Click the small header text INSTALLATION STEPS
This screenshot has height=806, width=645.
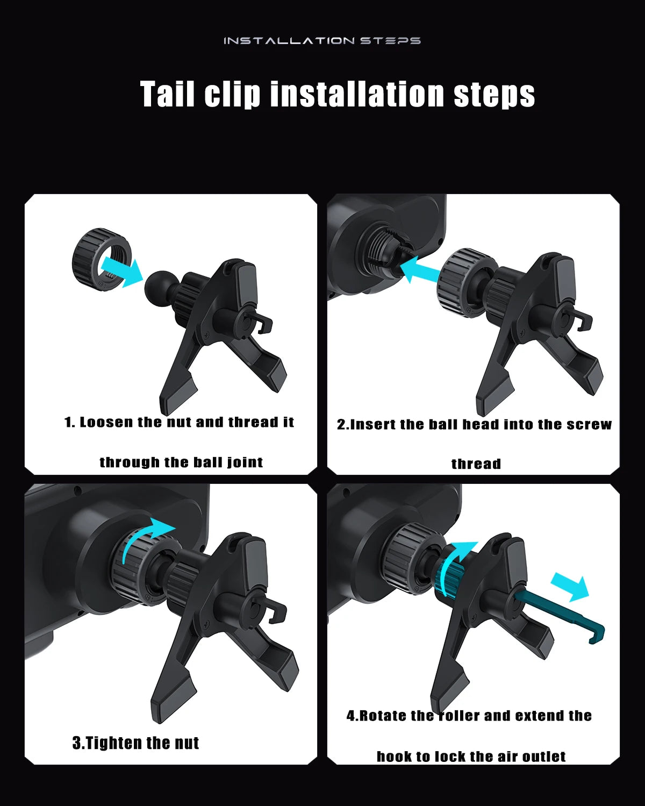pyautogui.click(x=322, y=40)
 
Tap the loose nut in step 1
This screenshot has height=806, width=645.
pyautogui.click(x=101, y=259)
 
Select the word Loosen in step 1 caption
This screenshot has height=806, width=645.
pyautogui.click(x=106, y=422)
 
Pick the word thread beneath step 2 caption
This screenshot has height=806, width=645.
pyautogui.click(x=476, y=463)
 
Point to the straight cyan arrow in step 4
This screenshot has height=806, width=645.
pyautogui.click(x=570, y=587)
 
